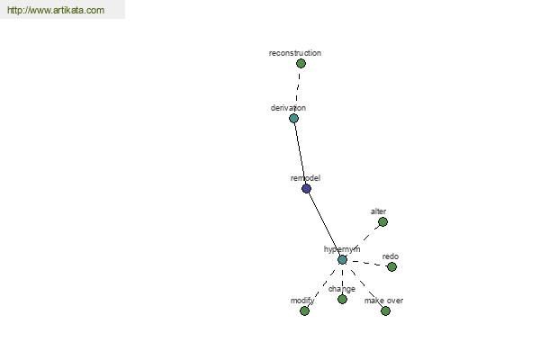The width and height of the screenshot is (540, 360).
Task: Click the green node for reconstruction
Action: tap(301, 63)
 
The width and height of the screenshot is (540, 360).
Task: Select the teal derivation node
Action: tap(293, 119)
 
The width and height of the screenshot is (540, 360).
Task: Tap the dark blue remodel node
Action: tap(306, 188)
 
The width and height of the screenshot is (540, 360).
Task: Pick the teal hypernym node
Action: tap(342, 260)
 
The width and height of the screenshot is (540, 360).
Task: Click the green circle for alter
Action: tap(382, 222)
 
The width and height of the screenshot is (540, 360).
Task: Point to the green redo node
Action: tap(391, 266)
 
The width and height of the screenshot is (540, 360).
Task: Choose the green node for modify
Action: tap(304, 311)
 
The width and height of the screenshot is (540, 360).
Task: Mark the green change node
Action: tap(342, 299)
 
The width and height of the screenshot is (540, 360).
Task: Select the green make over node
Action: tap(385, 311)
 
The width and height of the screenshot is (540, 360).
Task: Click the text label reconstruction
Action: tap(295, 53)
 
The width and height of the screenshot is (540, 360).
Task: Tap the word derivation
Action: tap(288, 108)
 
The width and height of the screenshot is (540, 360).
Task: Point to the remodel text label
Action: tap(305, 178)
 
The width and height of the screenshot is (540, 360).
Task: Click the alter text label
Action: tap(378, 211)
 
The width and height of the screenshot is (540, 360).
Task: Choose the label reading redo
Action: tap(391, 256)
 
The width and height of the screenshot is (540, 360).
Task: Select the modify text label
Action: tap(302, 301)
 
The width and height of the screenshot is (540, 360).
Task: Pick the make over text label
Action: tap(383, 301)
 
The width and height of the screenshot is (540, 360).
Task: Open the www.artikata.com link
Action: tap(56, 10)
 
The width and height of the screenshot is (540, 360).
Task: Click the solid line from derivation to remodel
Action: tap(300, 154)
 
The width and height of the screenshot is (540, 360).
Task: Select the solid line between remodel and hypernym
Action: tap(324, 224)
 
